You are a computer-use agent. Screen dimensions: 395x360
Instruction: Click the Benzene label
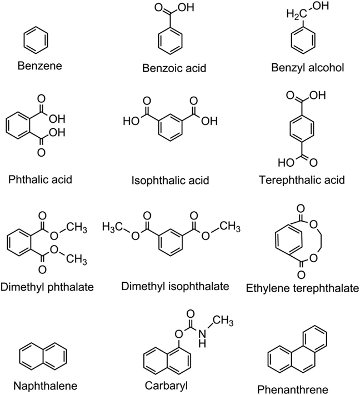tap(38, 66)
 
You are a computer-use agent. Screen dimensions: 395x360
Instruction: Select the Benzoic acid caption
tap(174, 68)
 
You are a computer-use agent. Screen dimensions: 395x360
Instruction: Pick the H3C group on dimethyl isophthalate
tap(115, 226)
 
